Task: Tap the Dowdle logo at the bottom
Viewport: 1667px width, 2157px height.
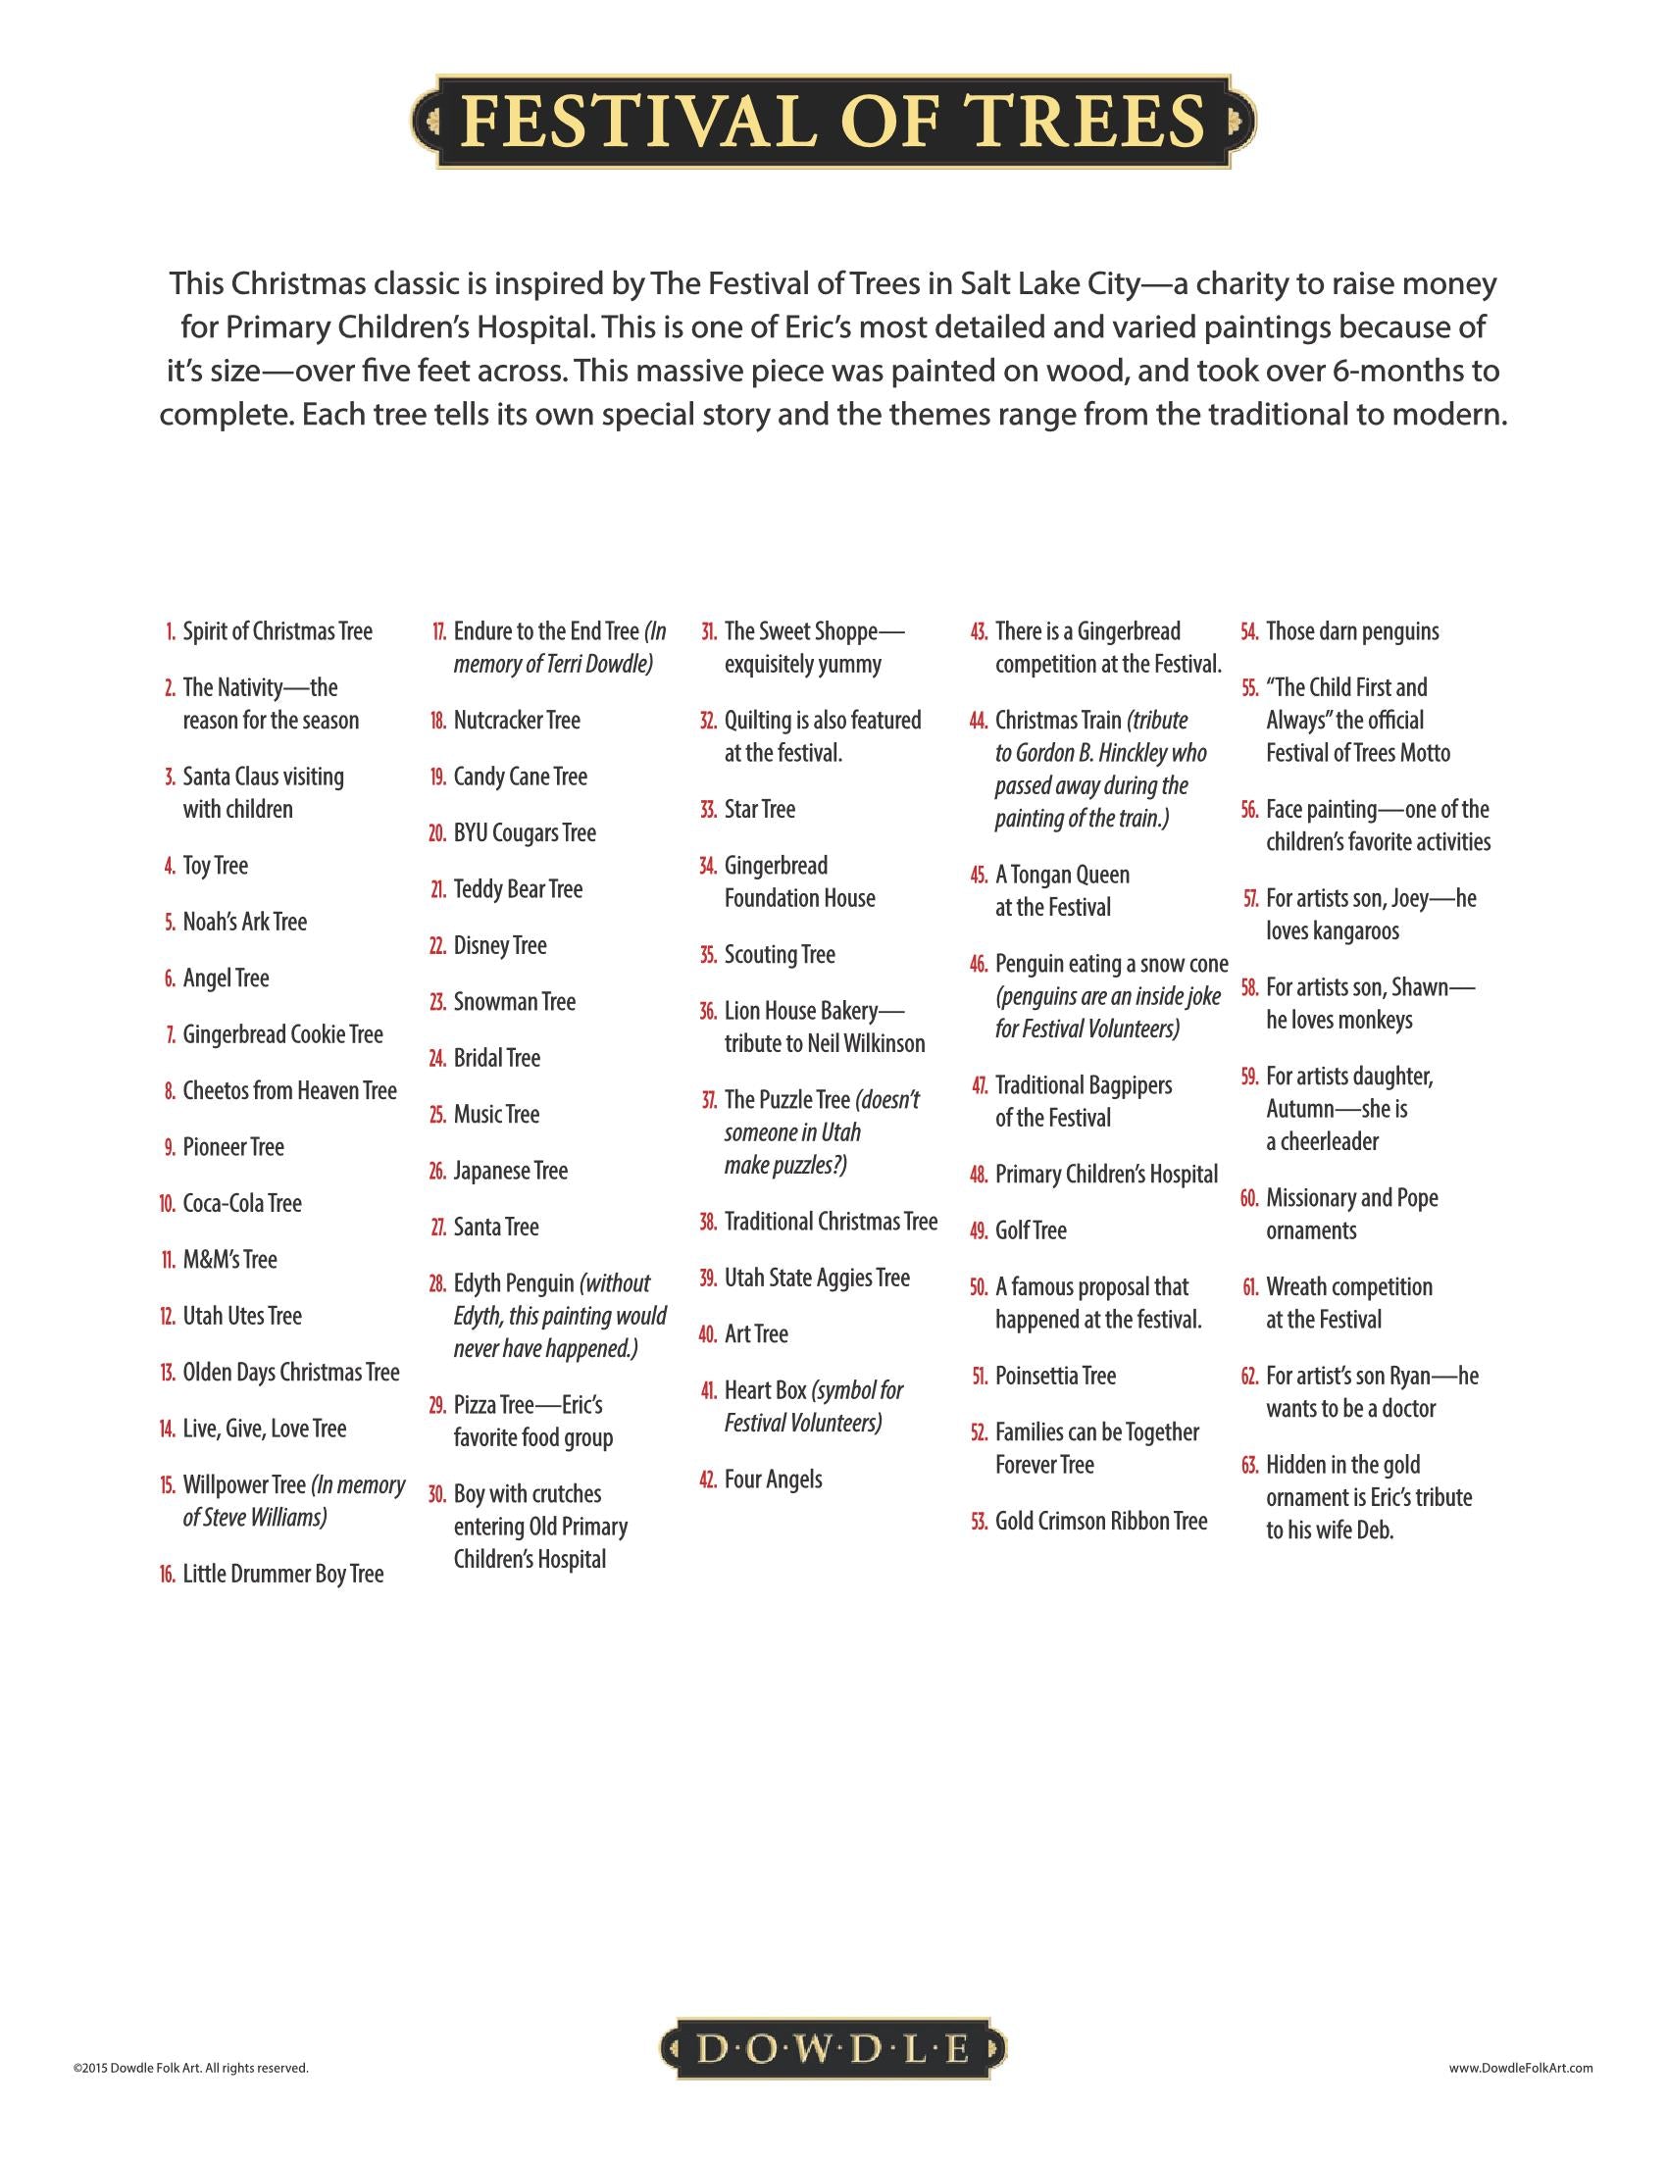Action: click(833, 2050)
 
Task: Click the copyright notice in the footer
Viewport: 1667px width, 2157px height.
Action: click(190, 2066)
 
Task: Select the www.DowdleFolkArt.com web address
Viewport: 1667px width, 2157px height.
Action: click(1521, 2066)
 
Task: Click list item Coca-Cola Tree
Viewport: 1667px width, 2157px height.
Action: click(242, 1203)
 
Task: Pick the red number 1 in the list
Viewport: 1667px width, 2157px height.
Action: click(171, 632)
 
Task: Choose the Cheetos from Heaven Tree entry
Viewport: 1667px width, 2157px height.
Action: click(289, 1090)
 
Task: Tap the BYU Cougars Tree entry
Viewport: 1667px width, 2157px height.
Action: click(525, 832)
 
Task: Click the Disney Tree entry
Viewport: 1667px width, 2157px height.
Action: click(500, 945)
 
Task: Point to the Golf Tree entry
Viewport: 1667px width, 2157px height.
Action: click(1031, 1230)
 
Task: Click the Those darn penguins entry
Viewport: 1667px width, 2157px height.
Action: click(1352, 631)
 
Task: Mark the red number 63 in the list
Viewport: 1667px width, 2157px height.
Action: click(1249, 1465)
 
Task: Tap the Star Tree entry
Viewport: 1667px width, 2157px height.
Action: click(759, 809)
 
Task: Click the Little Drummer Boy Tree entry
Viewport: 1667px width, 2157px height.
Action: click(282, 1574)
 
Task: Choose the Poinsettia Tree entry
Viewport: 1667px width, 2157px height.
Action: click(1055, 1376)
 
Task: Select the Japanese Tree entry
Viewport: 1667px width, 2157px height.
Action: click(511, 1171)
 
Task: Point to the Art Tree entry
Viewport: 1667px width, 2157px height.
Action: click(756, 1333)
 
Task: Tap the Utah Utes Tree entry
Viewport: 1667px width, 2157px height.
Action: click(242, 1316)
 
